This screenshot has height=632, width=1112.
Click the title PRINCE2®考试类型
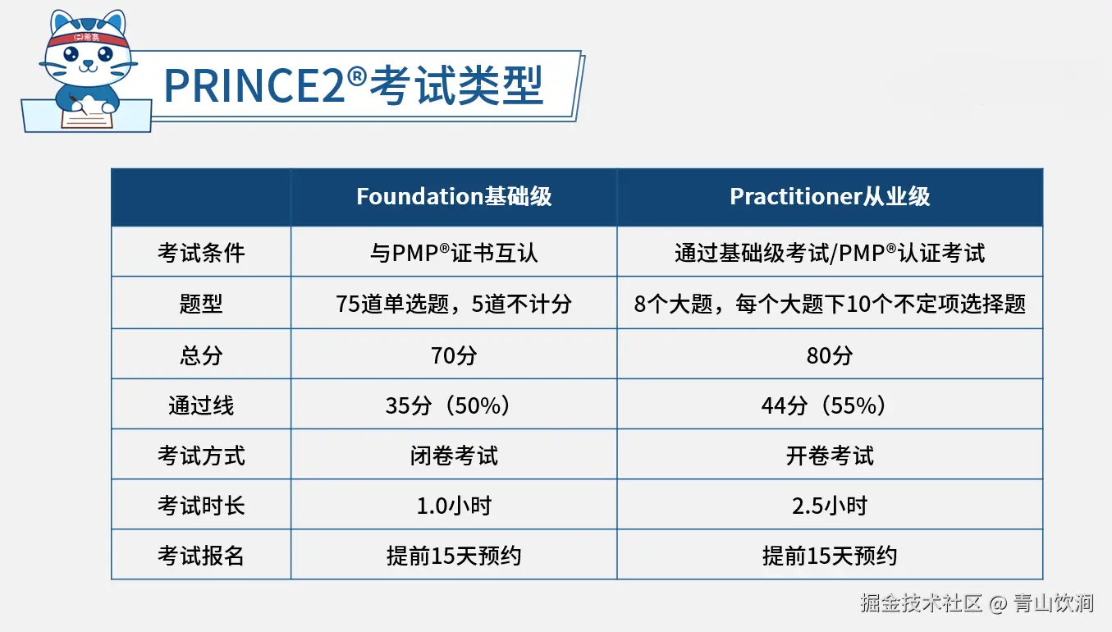(x=354, y=85)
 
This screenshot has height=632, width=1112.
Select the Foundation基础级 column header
(x=454, y=197)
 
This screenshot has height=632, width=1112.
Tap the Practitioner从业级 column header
(x=830, y=197)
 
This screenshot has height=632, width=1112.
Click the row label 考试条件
(x=201, y=252)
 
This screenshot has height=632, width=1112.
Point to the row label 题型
(x=201, y=304)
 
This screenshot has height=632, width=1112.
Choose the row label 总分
(x=201, y=355)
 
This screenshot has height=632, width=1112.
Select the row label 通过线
(x=201, y=405)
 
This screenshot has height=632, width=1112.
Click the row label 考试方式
(x=201, y=456)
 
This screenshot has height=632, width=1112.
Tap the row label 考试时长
(x=201, y=506)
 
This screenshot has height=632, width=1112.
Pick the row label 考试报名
(x=201, y=556)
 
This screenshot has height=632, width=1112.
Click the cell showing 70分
(x=454, y=355)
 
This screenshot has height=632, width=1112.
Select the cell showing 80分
(x=830, y=355)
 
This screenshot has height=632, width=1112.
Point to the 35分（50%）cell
(x=454, y=405)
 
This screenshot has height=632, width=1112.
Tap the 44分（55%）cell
(x=830, y=405)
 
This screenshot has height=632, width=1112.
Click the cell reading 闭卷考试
(x=454, y=456)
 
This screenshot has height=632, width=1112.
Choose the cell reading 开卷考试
(x=830, y=456)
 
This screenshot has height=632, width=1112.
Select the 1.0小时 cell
(x=454, y=506)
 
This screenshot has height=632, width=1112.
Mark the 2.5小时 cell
(x=830, y=506)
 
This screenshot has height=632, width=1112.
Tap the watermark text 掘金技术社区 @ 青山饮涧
(x=977, y=603)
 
